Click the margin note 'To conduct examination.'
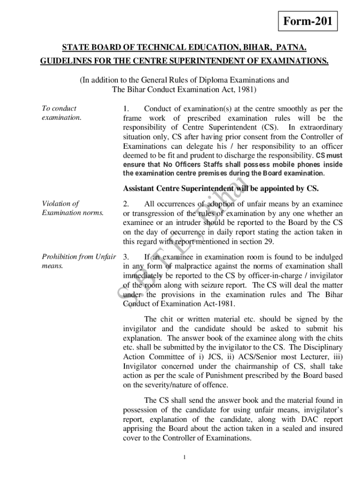click(x=61, y=113)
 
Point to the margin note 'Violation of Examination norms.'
click(x=72, y=208)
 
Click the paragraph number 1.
click(x=126, y=109)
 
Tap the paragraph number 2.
click(x=126, y=204)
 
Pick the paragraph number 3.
click(x=126, y=257)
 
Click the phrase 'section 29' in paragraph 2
click(x=253, y=242)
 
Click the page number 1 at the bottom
click(x=185, y=457)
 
